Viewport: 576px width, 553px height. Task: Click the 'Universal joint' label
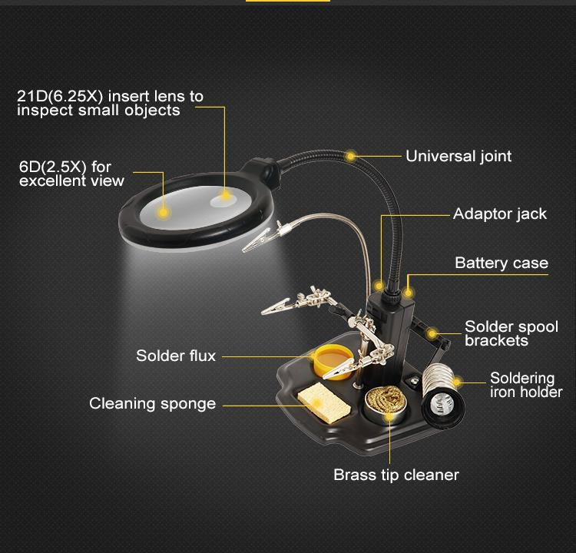[458, 156]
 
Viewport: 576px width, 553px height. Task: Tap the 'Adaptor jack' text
[500, 214]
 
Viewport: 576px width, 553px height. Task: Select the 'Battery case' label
[502, 263]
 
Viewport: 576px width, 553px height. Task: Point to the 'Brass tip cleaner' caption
[396, 475]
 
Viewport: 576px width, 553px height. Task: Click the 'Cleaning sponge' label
[152, 403]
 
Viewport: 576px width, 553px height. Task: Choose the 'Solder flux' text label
[176, 356]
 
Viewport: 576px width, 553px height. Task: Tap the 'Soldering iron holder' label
[526, 385]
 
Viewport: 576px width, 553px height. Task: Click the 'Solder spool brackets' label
[511, 333]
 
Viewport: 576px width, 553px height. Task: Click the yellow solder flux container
[333, 362]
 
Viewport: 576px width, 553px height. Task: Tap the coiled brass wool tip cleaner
[385, 403]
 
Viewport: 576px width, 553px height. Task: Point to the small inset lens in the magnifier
[223, 199]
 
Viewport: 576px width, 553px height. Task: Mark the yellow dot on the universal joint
[351, 156]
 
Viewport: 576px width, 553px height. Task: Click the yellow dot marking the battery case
[407, 293]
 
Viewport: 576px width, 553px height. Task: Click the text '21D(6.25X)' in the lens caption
[60, 96]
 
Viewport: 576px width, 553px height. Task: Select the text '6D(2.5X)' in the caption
[53, 167]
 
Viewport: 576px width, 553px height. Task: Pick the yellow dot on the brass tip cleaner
[389, 417]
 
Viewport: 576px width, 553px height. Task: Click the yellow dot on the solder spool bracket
[432, 333]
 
